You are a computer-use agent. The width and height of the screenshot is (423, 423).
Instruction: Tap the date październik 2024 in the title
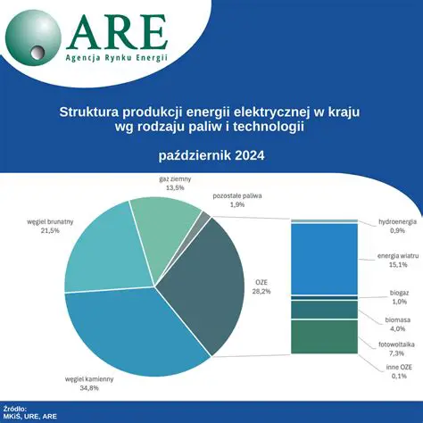coord(211,154)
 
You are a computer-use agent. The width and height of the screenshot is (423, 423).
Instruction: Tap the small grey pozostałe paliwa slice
coord(204,219)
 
